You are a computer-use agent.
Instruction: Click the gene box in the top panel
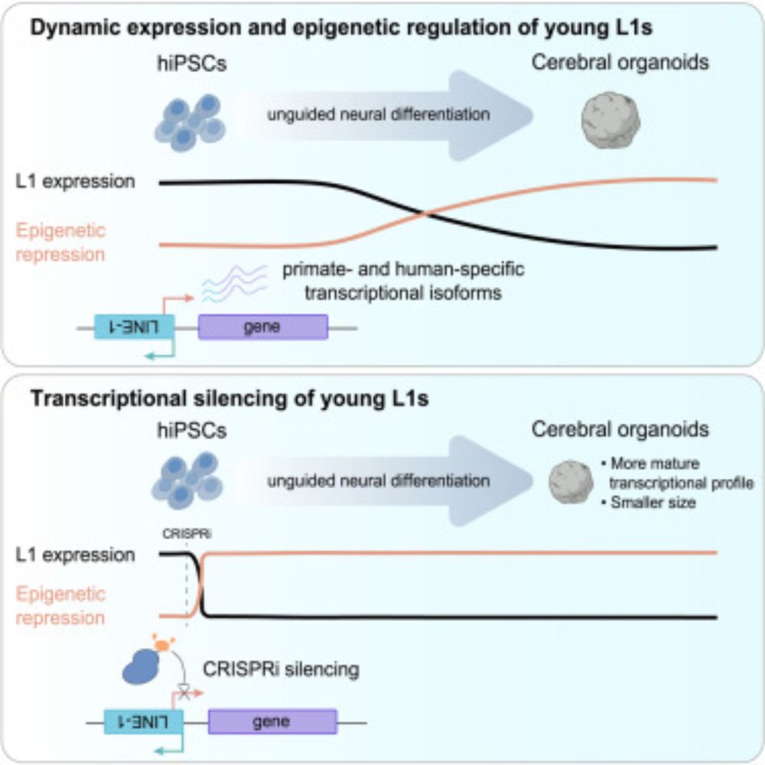[x=262, y=327]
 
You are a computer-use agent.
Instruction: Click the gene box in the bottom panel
[x=272, y=721]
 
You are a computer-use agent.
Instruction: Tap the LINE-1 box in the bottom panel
[x=144, y=721]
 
